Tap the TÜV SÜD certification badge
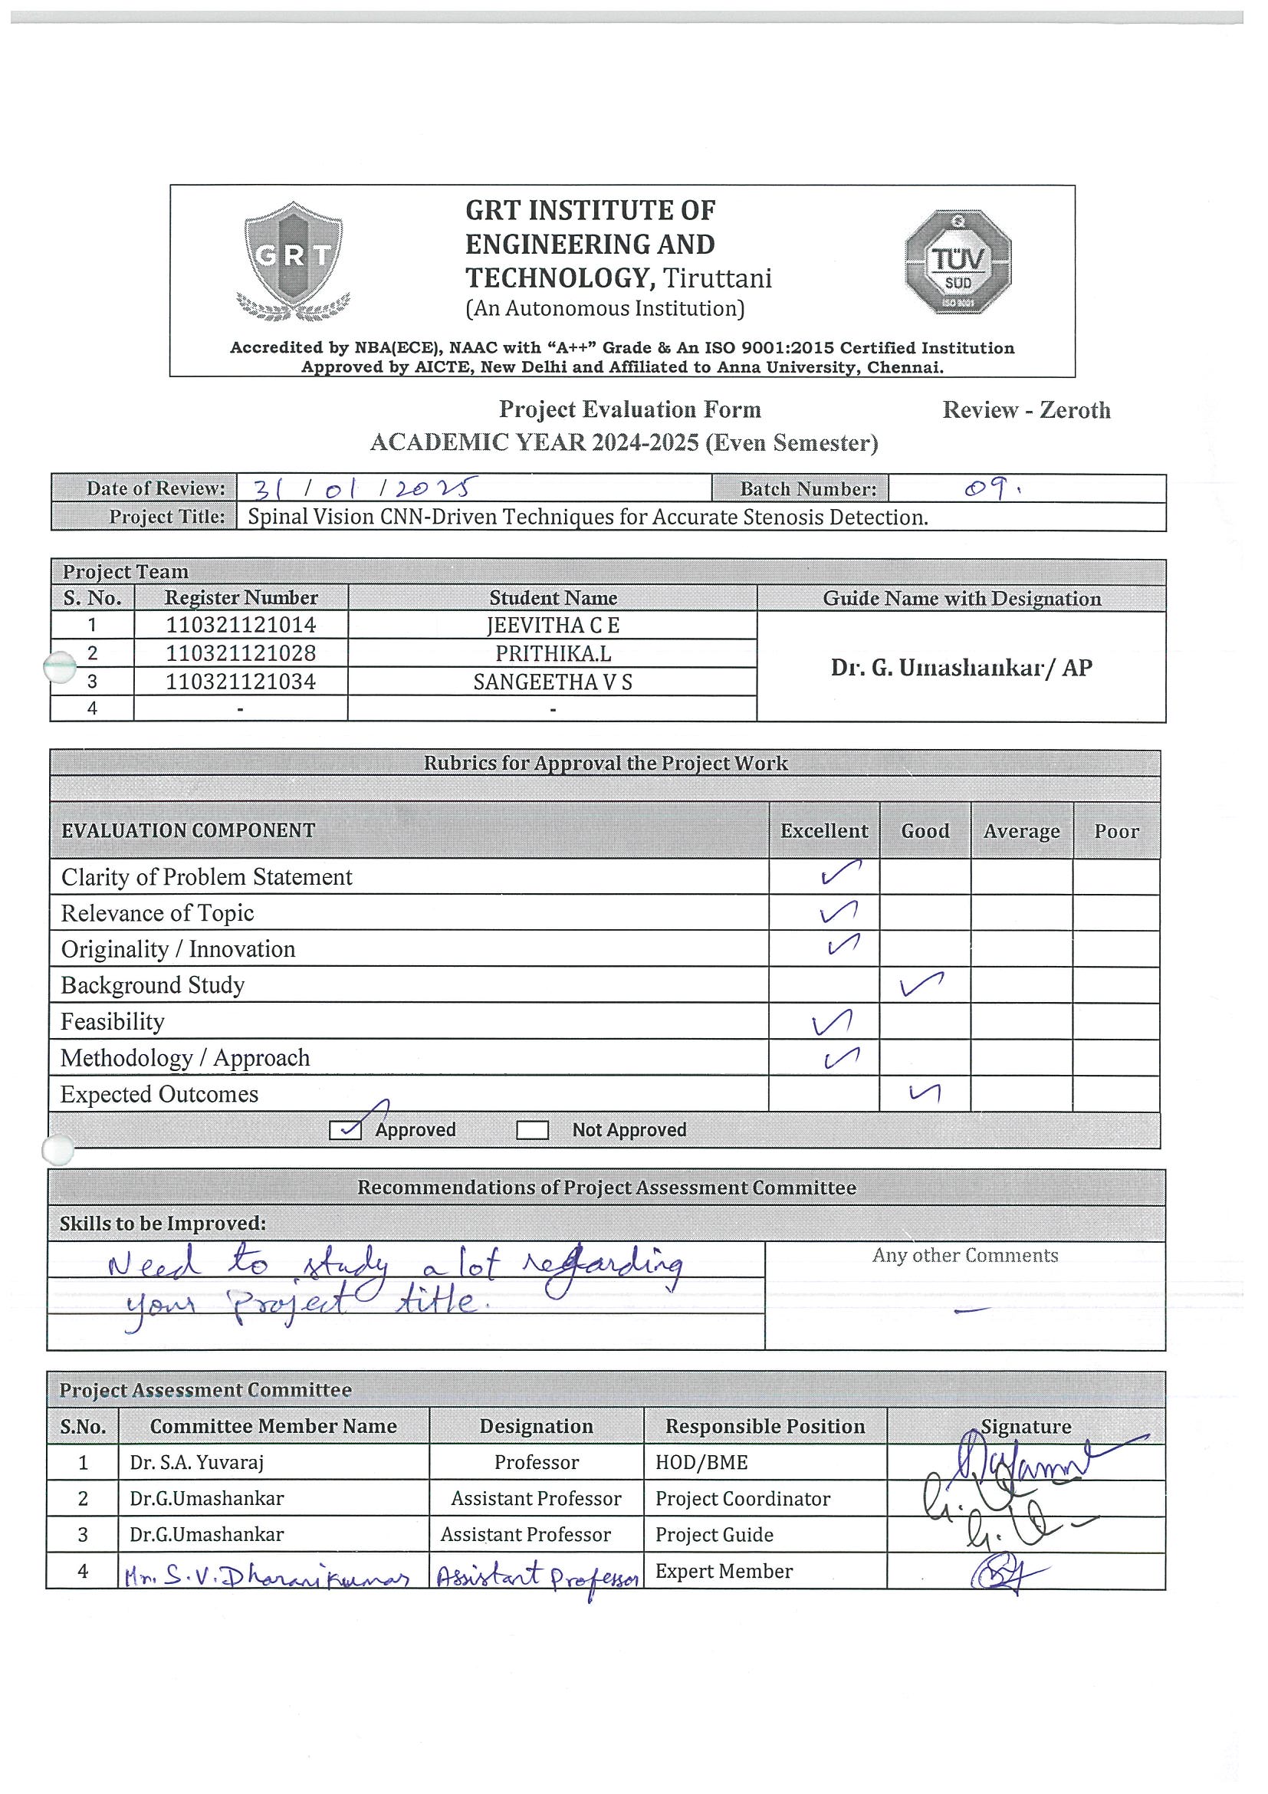[x=958, y=261]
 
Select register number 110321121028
[x=241, y=653]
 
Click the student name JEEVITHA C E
[x=553, y=625]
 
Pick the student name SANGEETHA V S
[x=553, y=682]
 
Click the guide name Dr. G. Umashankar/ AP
[x=961, y=667]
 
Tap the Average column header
[x=1021, y=831]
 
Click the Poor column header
[x=1115, y=831]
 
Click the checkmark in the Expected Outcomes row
[x=925, y=1094]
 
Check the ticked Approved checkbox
[x=345, y=1130]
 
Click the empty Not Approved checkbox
[x=532, y=1131]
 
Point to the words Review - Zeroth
[x=1026, y=410]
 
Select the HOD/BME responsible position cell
[x=701, y=1463]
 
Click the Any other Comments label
[x=965, y=1256]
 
